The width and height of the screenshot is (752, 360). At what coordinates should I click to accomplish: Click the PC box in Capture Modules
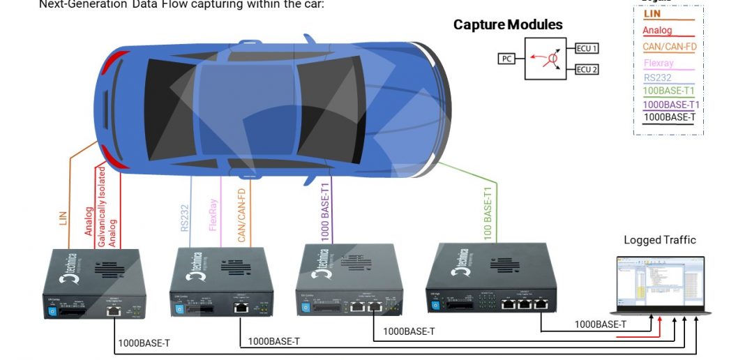click(506, 59)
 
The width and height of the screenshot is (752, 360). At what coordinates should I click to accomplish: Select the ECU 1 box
click(586, 48)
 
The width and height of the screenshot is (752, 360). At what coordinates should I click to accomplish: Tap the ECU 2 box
click(586, 69)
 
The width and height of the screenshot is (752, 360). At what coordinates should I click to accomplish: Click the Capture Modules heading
click(507, 25)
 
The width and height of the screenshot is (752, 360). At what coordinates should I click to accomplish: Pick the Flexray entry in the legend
click(659, 63)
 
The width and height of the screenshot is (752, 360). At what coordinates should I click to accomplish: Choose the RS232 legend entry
click(657, 77)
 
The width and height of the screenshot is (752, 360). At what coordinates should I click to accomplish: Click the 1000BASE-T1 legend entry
click(670, 104)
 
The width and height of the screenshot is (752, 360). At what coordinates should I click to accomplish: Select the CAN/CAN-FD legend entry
click(669, 47)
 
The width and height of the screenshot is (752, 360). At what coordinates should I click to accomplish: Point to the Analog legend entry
click(657, 30)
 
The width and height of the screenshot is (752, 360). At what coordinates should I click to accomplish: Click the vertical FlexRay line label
click(213, 215)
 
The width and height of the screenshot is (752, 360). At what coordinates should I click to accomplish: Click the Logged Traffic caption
click(659, 240)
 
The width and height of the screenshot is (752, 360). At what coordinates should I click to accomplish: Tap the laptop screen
click(660, 283)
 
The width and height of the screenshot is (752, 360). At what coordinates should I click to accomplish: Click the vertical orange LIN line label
click(63, 217)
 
